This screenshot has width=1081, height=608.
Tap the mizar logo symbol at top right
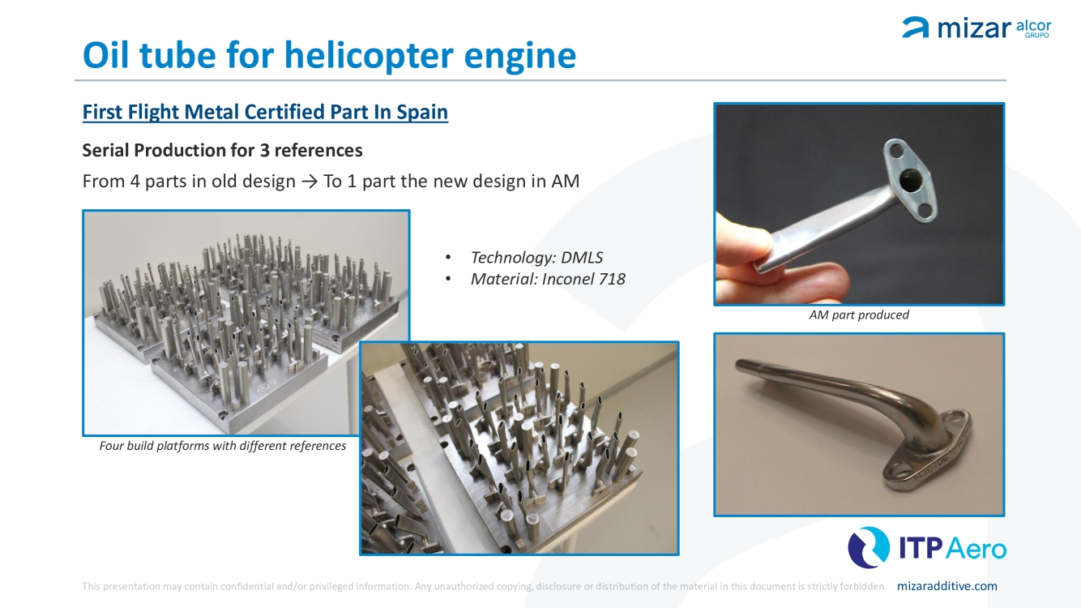(915, 27)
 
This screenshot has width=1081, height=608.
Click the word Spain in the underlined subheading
(422, 112)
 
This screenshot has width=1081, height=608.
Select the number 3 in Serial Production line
(264, 150)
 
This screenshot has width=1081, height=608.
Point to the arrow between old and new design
(309, 182)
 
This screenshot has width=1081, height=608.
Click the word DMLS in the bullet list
(582, 258)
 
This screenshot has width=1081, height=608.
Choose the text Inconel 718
(583, 279)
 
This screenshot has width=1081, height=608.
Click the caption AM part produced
(859, 315)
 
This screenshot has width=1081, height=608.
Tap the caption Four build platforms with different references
(223, 446)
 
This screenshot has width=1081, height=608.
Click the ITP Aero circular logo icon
(869, 547)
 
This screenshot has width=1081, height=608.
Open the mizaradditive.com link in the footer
(946, 586)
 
